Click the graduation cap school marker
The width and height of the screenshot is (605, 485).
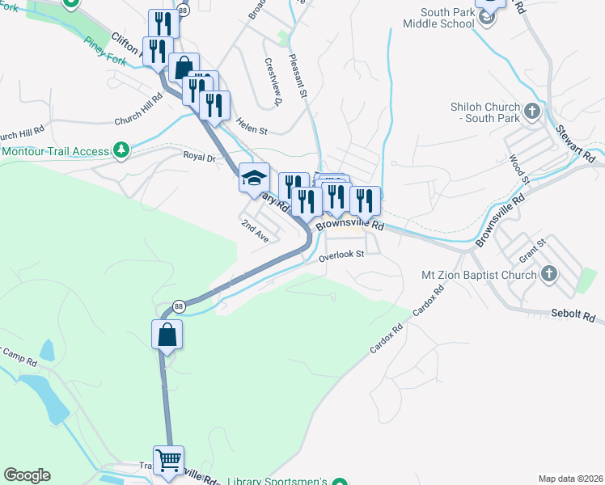[x=254, y=178]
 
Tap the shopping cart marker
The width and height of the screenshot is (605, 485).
[x=168, y=462]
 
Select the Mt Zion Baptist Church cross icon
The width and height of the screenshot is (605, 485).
[x=548, y=274]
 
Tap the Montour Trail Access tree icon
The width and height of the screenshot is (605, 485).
[x=121, y=150]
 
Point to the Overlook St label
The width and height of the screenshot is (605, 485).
[x=342, y=255]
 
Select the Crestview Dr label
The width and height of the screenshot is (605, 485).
[x=272, y=82]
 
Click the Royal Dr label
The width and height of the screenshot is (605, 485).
[x=200, y=158]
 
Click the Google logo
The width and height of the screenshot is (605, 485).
[x=27, y=475]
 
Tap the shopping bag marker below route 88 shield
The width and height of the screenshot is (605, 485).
[x=167, y=335]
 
